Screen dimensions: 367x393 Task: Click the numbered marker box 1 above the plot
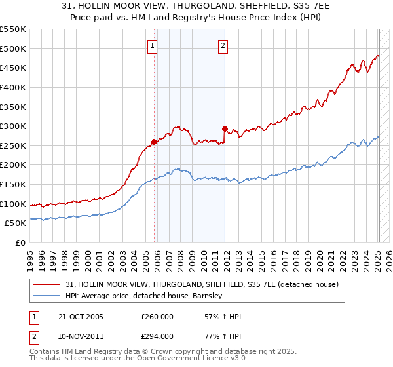tap(152, 46)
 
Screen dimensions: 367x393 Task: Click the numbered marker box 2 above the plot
tap(223, 46)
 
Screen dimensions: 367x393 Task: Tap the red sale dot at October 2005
tap(155, 141)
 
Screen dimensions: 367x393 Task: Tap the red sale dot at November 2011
tap(225, 128)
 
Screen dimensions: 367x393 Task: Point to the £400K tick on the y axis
tap(12, 87)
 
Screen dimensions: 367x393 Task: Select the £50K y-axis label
tap(15, 223)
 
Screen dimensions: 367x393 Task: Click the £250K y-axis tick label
tap(12, 145)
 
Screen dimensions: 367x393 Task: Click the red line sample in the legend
tap(47, 284)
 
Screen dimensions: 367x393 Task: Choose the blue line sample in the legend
tap(47, 296)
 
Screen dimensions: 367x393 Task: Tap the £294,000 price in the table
tap(157, 336)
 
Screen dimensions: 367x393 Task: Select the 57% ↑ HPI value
tap(223, 317)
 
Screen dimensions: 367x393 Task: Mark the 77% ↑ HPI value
tap(223, 336)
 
